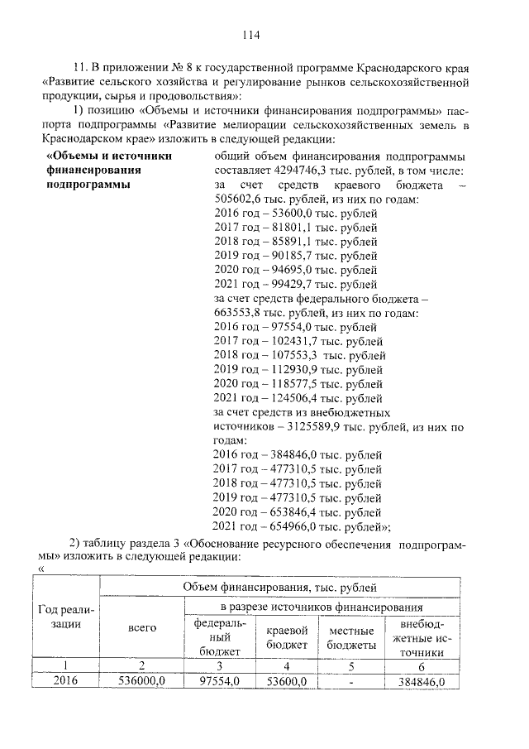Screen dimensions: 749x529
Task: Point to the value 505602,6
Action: click(241, 199)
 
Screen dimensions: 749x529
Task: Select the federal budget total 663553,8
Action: click(241, 313)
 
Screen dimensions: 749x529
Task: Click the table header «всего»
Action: click(141, 628)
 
